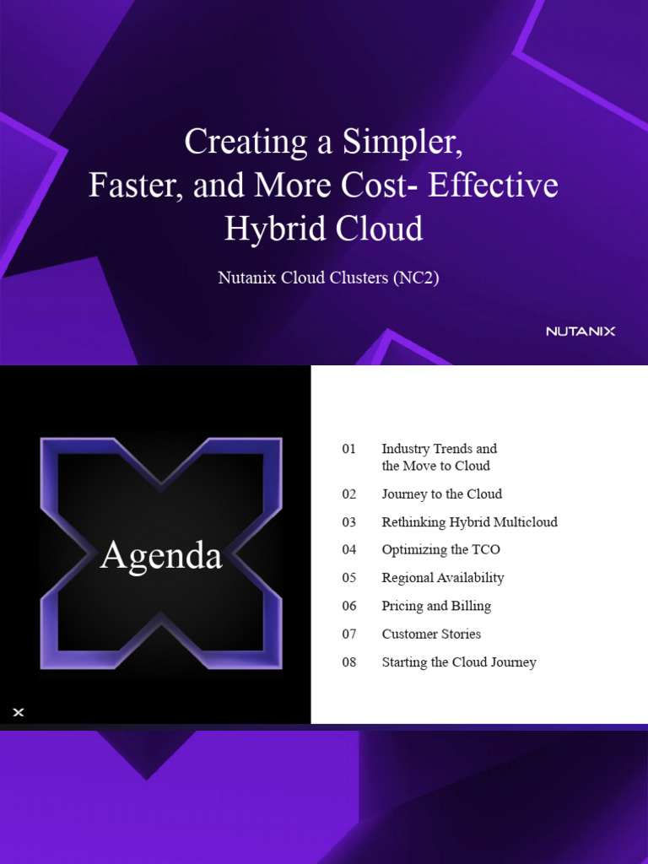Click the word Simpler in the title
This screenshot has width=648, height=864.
[x=402, y=142]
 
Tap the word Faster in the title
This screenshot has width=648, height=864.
[x=136, y=186]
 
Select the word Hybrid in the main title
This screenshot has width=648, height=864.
[x=267, y=229]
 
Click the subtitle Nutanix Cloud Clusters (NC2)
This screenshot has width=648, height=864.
[x=328, y=278]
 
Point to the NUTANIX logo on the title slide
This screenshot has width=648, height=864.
[x=580, y=331]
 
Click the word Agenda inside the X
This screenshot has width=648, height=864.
[x=161, y=556]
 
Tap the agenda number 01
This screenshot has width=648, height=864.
[x=349, y=449]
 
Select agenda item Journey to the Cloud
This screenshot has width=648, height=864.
[x=441, y=494]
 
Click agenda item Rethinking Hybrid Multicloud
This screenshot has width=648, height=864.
[x=469, y=522]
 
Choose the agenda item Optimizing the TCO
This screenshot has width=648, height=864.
[x=440, y=550]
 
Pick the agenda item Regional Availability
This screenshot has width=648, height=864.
[x=442, y=578]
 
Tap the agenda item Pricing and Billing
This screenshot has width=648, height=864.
[x=435, y=606]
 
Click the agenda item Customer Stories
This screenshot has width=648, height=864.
[x=431, y=634]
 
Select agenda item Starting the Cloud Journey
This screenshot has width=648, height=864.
[x=458, y=662]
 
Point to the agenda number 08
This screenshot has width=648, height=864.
[x=349, y=662]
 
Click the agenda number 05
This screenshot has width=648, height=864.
[x=349, y=578]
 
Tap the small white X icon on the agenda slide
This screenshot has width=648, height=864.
[x=19, y=713]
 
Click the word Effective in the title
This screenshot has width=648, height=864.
[x=493, y=186]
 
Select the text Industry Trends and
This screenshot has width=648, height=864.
[x=439, y=449]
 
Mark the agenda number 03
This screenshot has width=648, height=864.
[x=349, y=522]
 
